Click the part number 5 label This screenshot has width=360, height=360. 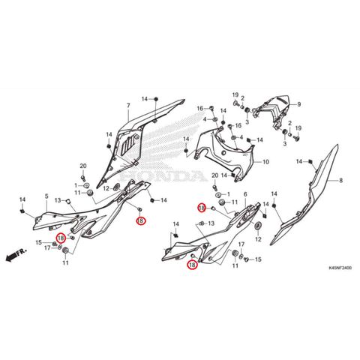[x=46, y=196]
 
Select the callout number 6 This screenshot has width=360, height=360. [x=245, y=194]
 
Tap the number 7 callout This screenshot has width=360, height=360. [x=128, y=106]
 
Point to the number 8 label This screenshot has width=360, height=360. [x=341, y=180]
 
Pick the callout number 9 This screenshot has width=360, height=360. [x=299, y=104]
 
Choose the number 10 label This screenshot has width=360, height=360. [x=265, y=162]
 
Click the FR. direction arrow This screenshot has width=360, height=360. [x=16, y=254]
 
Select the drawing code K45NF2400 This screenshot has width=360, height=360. [x=340, y=268]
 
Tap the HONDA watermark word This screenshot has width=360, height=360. [x=163, y=175]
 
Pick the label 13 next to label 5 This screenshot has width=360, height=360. [x=58, y=200]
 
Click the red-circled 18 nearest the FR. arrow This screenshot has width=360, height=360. [x=61, y=238]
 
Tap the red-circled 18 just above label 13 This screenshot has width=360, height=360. [x=202, y=208]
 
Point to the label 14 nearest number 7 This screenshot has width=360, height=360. [x=145, y=99]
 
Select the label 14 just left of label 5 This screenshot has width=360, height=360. [x=22, y=199]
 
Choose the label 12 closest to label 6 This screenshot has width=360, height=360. [x=258, y=239]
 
